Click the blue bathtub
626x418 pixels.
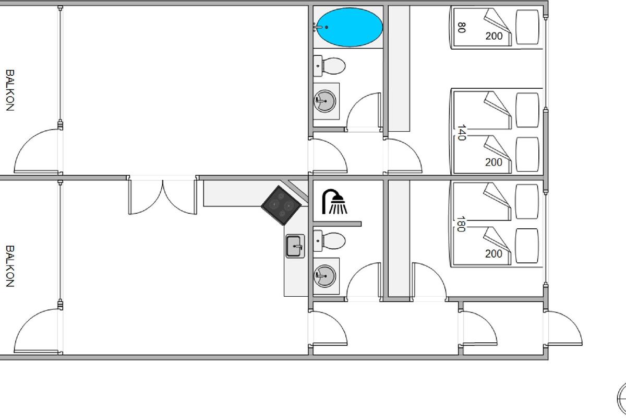[351, 27]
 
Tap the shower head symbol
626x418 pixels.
[334, 202]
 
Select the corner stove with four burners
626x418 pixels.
[282, 205]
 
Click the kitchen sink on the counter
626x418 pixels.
[295, 246]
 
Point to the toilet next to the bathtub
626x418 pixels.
[331, 66]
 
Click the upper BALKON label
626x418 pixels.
[9, 90]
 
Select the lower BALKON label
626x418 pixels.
[9, 266]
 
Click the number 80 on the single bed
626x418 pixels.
[461, 27]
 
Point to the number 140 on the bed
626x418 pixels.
[461, 133]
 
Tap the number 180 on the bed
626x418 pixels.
[461, 224]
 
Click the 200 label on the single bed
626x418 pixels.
[493, 36]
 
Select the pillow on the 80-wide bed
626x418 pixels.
[527, 27]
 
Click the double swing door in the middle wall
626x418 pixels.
[163, 196]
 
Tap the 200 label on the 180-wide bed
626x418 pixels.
[493, 254]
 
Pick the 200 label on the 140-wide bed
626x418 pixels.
[493, 162]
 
